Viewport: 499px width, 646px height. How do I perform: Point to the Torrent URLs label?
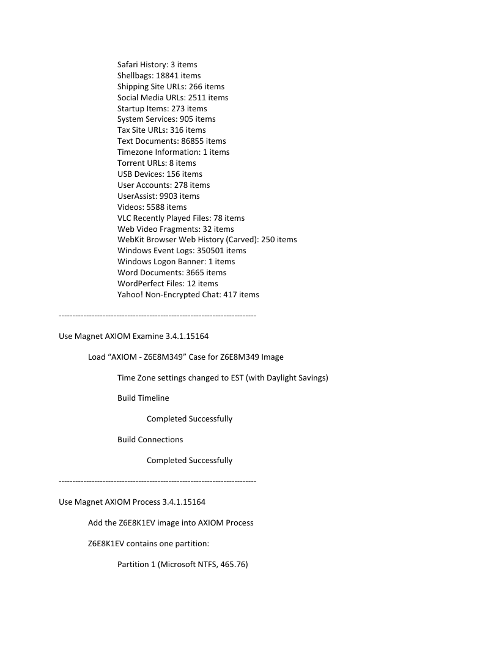pos(141,163)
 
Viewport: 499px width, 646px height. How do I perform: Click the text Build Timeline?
pos(143,398)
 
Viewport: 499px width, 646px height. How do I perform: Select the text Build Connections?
pos(150,439)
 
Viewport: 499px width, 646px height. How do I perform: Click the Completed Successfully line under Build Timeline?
pos(190,418)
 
